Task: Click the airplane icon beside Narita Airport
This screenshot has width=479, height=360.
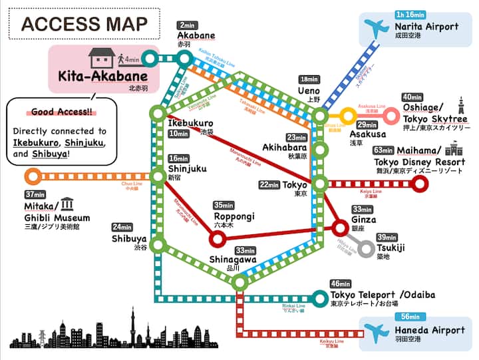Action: pyautogui.click(x=376, y=29)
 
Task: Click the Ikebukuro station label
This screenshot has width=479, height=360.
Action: pyautogui.click(x=190, y=123)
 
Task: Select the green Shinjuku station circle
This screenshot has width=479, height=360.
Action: pyautogui.click(x=158, y=176)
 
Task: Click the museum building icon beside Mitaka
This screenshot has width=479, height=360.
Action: pyautogui.click(x=69, y=204)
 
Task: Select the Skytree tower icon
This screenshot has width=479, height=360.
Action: pyautogui.click(x=460, y=107)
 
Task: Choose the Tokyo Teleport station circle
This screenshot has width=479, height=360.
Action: pyautogui.click(x=320, y=298)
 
